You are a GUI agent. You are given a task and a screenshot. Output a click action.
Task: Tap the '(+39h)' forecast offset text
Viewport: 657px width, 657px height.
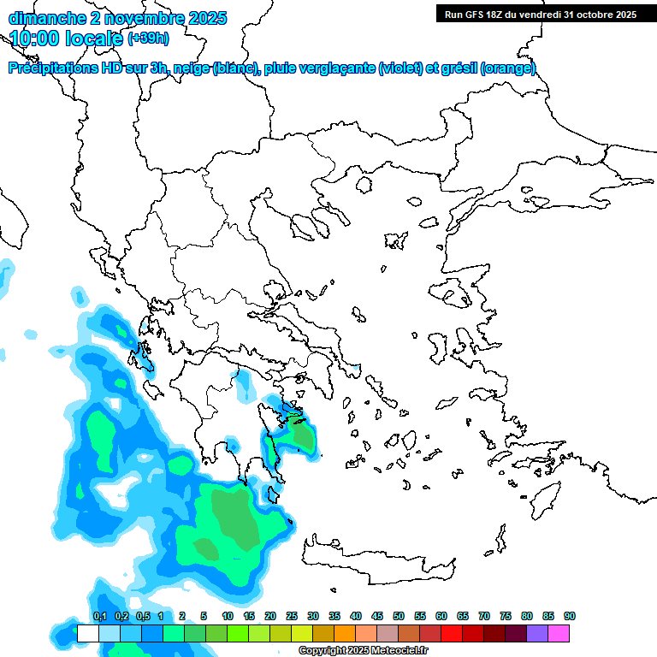(x=147, y=38)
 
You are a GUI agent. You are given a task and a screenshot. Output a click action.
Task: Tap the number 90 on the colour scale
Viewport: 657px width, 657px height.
(x=570, y=616)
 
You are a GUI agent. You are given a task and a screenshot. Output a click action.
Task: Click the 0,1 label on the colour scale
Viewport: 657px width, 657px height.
(x=99, y=616)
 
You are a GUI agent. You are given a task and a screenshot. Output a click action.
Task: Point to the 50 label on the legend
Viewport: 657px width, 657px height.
(x=399, y=616)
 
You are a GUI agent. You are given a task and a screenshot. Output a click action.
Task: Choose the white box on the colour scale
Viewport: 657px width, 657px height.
(x=87, y=633)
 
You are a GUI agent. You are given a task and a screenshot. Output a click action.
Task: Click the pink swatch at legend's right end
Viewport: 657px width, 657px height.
(x=559, y=633)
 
